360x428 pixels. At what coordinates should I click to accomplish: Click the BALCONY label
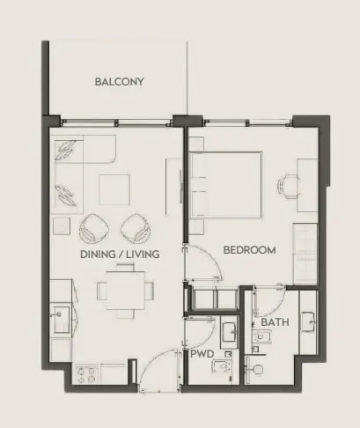[x=120, y=82]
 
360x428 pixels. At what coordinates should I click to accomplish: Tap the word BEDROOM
[x=249, y=250]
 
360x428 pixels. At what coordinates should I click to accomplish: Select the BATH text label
[x=275, y=322]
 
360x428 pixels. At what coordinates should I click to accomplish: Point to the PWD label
[x=202, y=354]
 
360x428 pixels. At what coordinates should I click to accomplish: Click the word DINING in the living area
[x=98, y=255]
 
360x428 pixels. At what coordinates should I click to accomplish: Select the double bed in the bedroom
[x=226, y=185]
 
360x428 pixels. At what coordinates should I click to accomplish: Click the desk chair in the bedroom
[x=288, y=187]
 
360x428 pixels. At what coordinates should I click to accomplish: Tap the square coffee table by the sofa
[x=114, y=189]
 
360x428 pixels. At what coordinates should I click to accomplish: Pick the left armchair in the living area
[x=94, y=228]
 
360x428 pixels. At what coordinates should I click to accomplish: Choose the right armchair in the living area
[x=136, y=228]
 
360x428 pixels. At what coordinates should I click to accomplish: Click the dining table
[x=126, y=291]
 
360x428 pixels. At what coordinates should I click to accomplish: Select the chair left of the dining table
[x=102, y=291]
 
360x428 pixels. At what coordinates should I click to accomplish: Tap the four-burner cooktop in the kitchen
[x=86, y=374]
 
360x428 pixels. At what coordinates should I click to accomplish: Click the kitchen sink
[x=62, y=320]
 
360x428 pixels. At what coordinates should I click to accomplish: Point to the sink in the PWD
[x=230, y=332]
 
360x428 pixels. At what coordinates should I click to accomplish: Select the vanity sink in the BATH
[x=309, y=321]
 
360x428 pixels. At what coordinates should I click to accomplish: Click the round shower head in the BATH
[x=258, y=369]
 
